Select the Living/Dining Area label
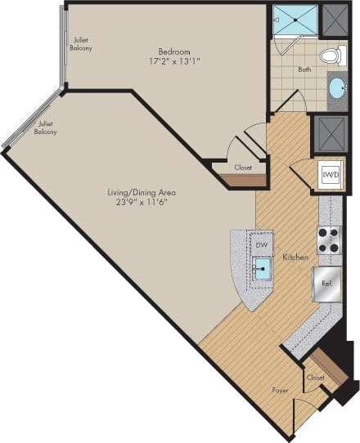point(142,193)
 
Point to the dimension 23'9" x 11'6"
point(142,204)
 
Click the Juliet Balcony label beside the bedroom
point(81,44)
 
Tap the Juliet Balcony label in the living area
point(46,128)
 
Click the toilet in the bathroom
point(331,56)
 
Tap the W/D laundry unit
point(330,175)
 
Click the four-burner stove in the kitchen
point(328,239)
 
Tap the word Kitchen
point(295,257)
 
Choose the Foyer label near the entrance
point(281,391)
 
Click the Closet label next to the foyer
point(316,378)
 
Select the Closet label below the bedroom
point(243,168)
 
